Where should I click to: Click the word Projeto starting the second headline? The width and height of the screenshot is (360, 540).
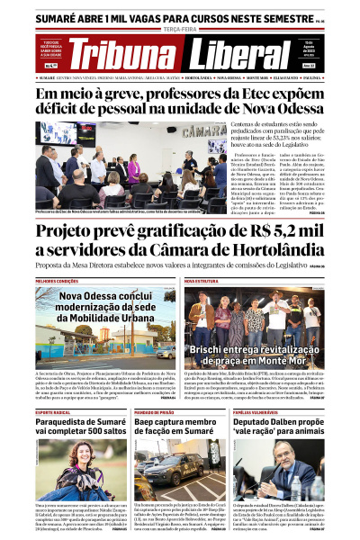(73, 236)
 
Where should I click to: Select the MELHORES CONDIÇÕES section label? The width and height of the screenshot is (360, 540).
(56, 280)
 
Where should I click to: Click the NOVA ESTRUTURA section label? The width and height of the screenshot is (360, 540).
(202, 280)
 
